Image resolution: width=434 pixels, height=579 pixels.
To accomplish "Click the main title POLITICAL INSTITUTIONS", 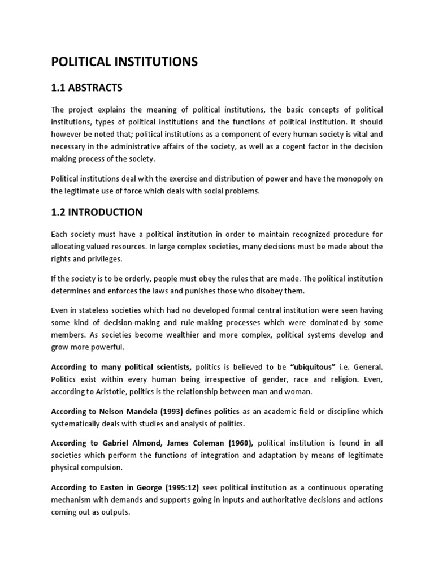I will pyautogui.click(x=124, y=62).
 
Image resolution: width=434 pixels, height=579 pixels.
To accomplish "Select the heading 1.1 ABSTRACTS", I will pyautogui.click(x=86, y=88).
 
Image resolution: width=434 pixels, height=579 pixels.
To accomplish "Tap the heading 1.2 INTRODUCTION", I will pyautogui.click(x=97, y=213).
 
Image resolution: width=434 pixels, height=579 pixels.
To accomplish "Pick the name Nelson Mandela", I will pyautogui.click(x=129, y=411).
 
